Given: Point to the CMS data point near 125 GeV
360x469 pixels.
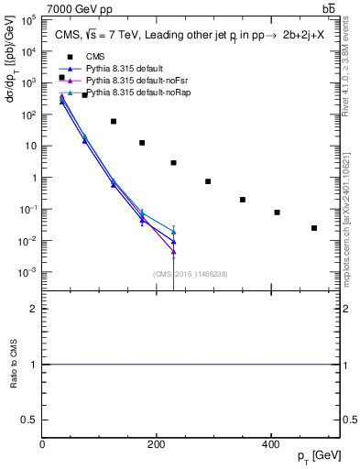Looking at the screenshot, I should coord(114,121).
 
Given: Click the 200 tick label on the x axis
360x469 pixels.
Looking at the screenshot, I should coord(156,444).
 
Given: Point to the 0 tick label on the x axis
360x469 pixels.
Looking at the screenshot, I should coord(42,444).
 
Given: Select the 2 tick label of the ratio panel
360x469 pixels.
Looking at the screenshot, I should coord(33,309).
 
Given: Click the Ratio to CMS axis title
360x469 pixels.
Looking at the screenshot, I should coord(14,365).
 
